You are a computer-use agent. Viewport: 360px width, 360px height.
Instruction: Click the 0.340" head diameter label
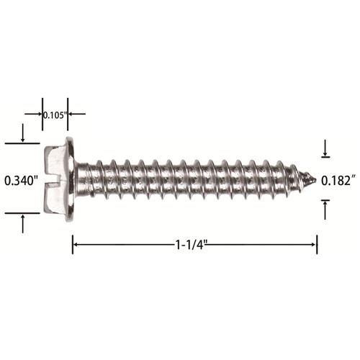pyautogui.click(x=22, y=181)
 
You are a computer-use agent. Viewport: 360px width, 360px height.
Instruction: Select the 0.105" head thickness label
pyautogui.click(x=55, y=115)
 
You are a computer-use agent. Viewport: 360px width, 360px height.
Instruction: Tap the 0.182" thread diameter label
pyautogui.click(x=338, y=181)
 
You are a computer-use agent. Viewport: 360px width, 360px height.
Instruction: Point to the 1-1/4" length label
pyautogui.click(x=192, y=245)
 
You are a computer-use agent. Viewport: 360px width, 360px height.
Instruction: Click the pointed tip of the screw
pyautogui.click(x=315, y=179)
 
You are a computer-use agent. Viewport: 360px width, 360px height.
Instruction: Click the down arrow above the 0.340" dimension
pyautogui.click(x=23, y=132)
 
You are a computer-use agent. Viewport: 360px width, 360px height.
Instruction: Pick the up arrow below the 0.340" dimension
pyautogui.click(x=23, y=224)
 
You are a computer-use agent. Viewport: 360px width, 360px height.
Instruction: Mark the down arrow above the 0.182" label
pyautogui.click(x=325, y=148)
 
